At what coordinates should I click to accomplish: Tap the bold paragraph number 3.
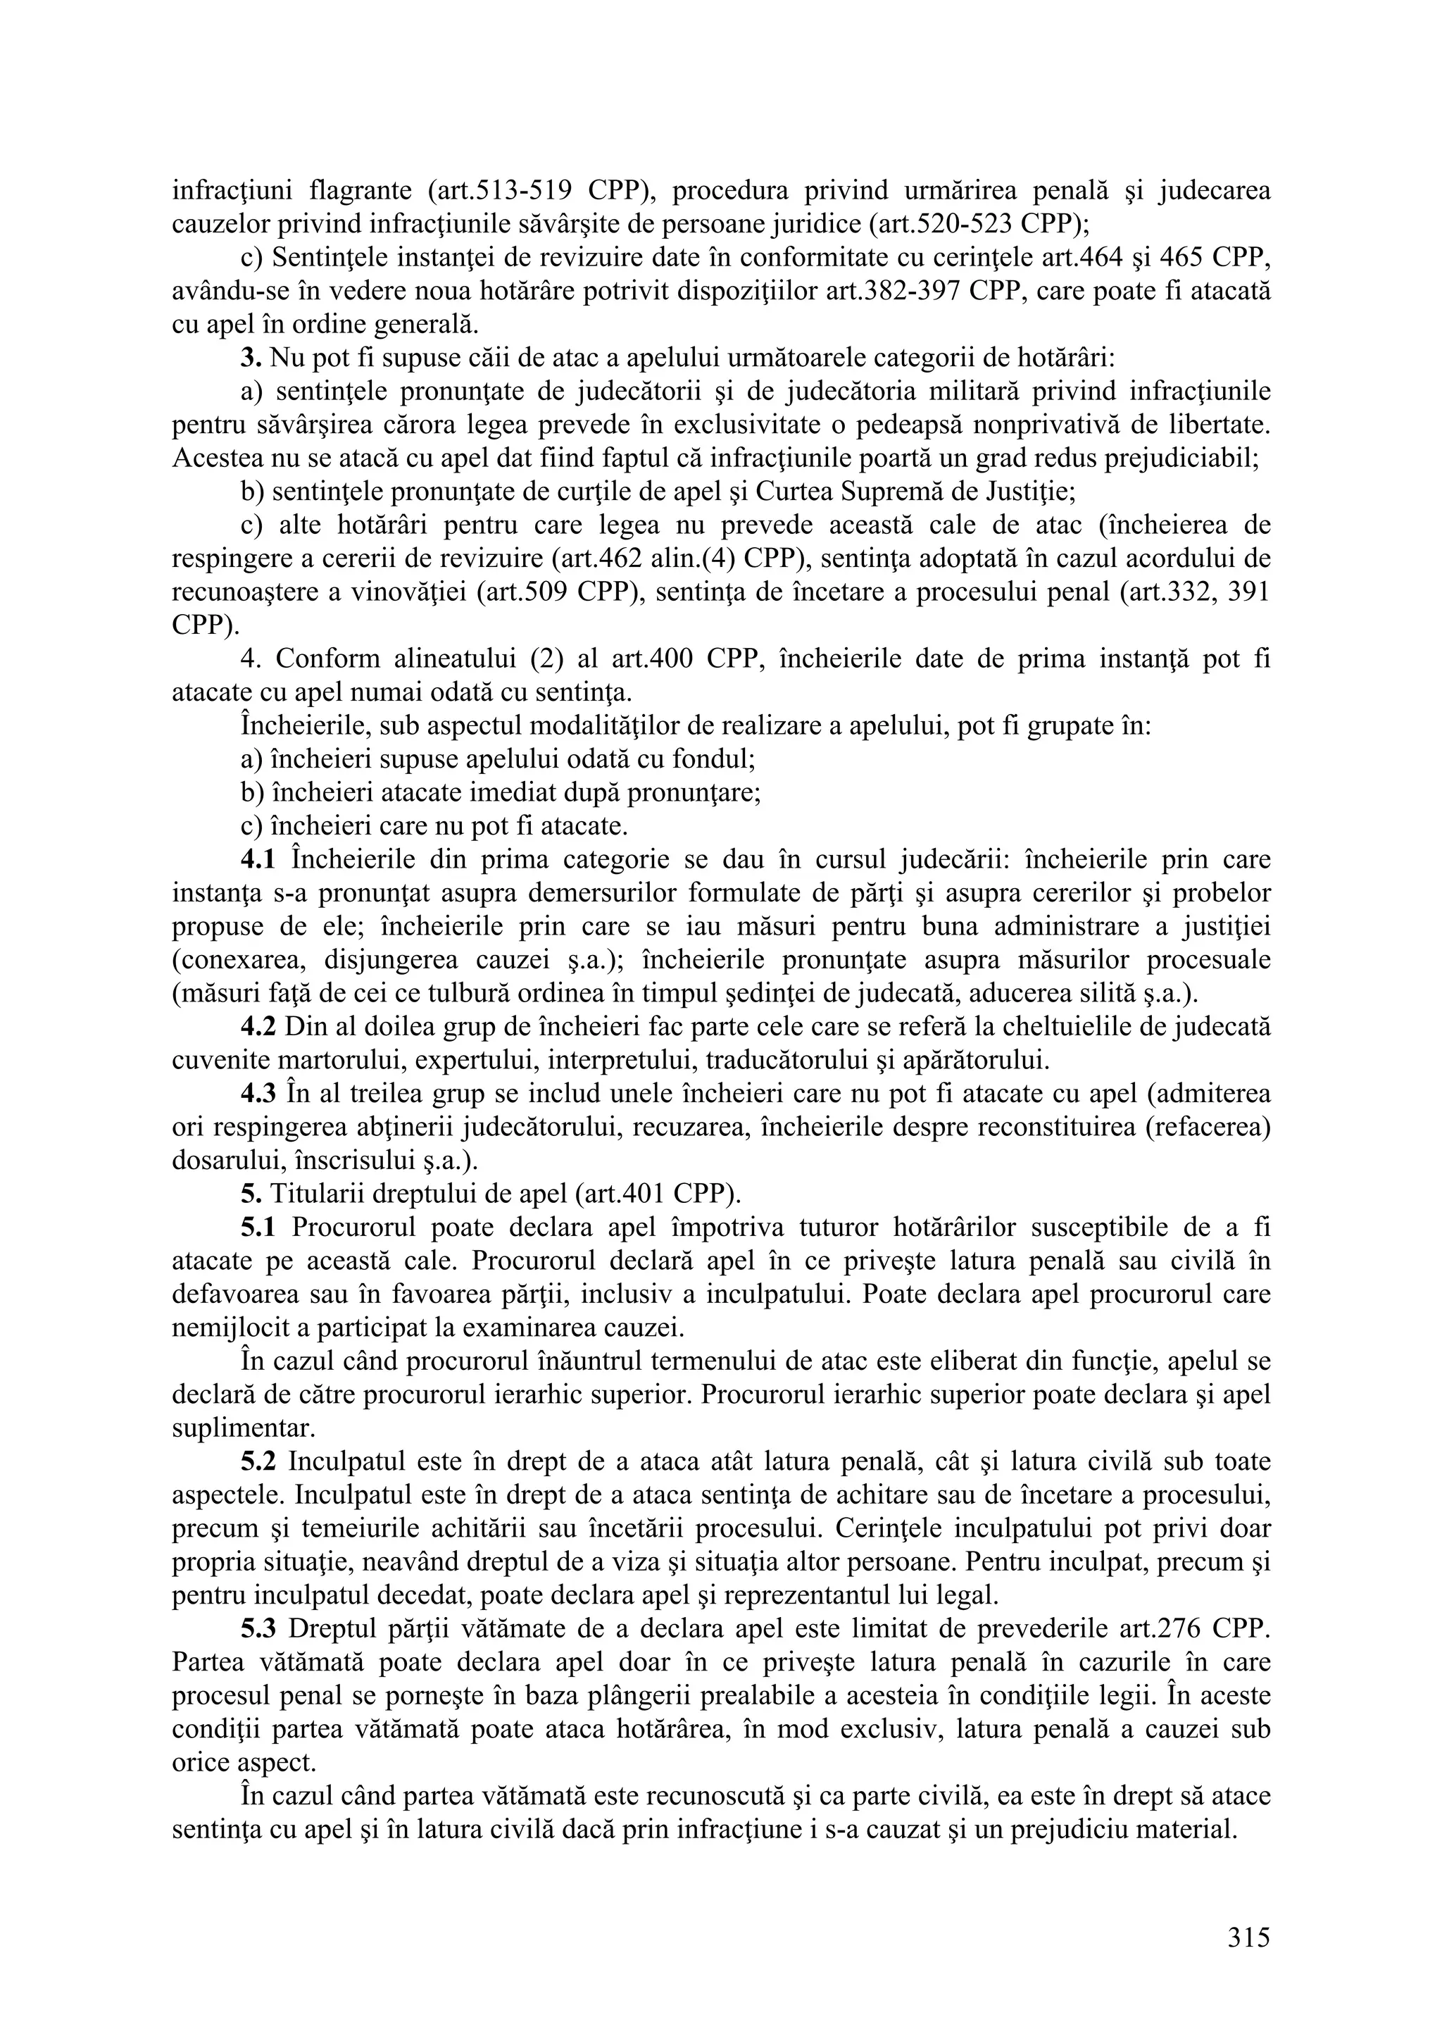click(251, 358)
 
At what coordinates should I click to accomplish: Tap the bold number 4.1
click(259, 860)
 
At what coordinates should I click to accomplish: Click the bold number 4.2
click(259, 1027)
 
